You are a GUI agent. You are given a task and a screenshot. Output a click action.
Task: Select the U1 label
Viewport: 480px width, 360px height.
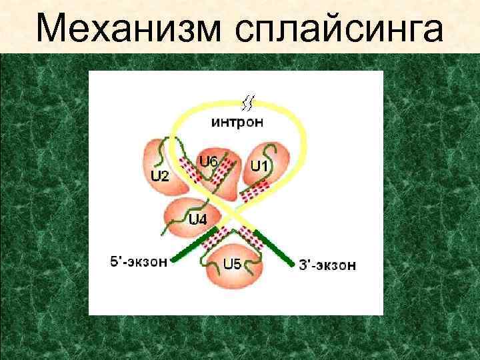[x=259, y=163]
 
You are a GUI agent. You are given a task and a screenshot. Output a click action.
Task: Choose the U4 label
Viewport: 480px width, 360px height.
[x=197, y=220]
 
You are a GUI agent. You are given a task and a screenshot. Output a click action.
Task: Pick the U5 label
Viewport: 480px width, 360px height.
[x=232, y=263]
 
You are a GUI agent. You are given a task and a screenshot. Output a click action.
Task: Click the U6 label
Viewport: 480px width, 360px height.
[x=209, y=161]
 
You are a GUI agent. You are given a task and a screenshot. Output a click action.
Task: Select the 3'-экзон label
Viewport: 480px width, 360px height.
[x=327, y=265]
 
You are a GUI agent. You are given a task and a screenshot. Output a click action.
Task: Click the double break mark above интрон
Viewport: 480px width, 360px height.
[x=247, y=103]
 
